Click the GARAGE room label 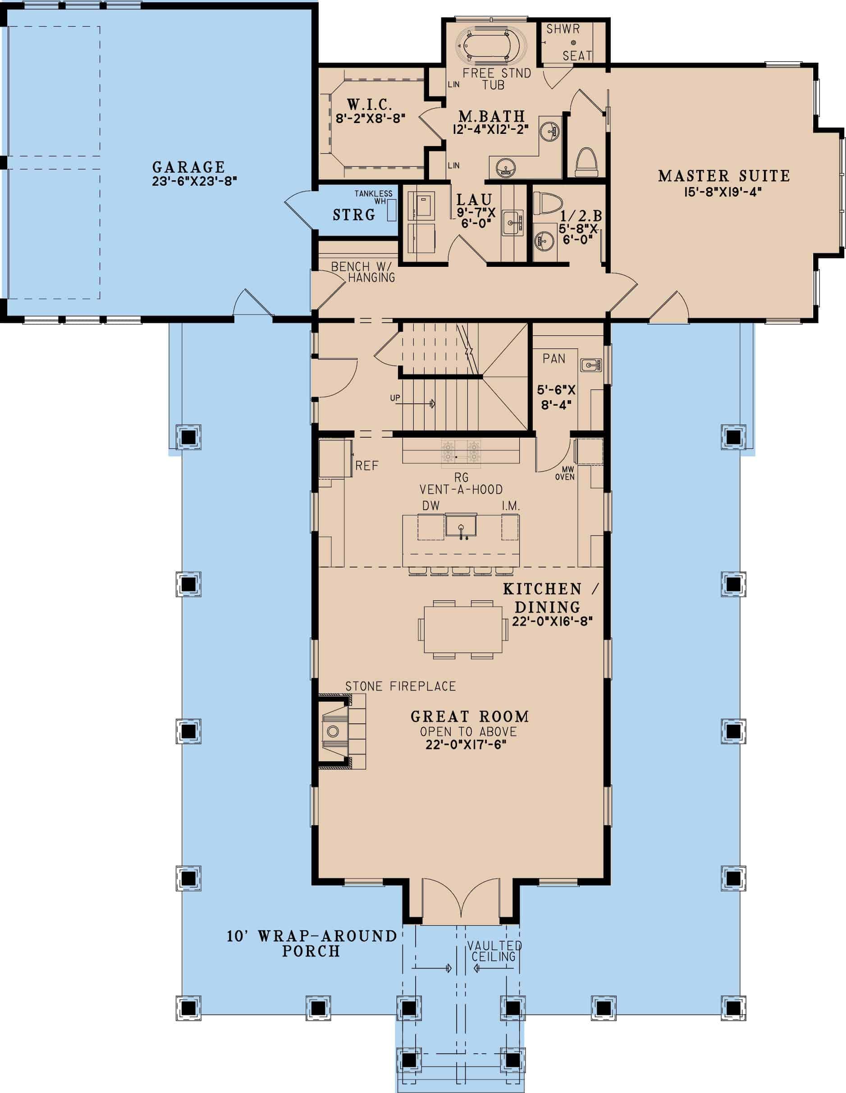coord(188,167)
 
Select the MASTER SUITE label coord(723,176)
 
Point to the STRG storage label coord(354,215)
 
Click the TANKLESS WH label coord(374,197)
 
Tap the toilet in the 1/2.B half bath coord(544,203)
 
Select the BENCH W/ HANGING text coord(363,272)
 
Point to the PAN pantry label coord(553,358)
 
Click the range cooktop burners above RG coord(461,450)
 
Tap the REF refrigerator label coord(366,466)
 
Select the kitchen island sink coord(461,528)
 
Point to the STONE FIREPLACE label coord(401,686)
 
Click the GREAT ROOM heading coord(470,717)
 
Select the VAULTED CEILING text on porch coord(494,951)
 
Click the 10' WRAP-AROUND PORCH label coord(311,943)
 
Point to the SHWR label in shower coord(562,29)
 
